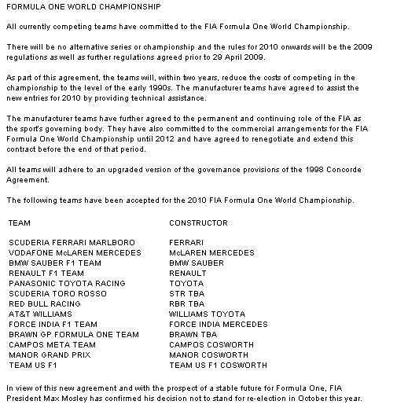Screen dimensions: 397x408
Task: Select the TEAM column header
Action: click(x=19, y=223)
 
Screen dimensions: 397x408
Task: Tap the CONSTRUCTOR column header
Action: click(x=198, y=223)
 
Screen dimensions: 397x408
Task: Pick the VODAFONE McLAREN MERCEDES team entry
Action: click(x=75, y=252)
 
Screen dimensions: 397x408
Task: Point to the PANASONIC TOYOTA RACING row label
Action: click(x=67, y=283)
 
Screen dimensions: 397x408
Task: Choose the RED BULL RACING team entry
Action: click(x=44, y=303)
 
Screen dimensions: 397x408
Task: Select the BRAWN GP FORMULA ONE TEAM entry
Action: click(x=73, y=334)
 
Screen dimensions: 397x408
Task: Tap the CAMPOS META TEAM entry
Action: click(x=52, y=344)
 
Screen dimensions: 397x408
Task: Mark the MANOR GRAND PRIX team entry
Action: click(x=50, y=355)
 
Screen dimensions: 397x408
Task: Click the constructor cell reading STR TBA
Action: click(x=186, y=293)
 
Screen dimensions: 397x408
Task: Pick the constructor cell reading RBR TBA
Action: click(x=186, y=303)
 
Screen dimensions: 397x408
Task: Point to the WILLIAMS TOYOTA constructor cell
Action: click(x=207, y=314)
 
